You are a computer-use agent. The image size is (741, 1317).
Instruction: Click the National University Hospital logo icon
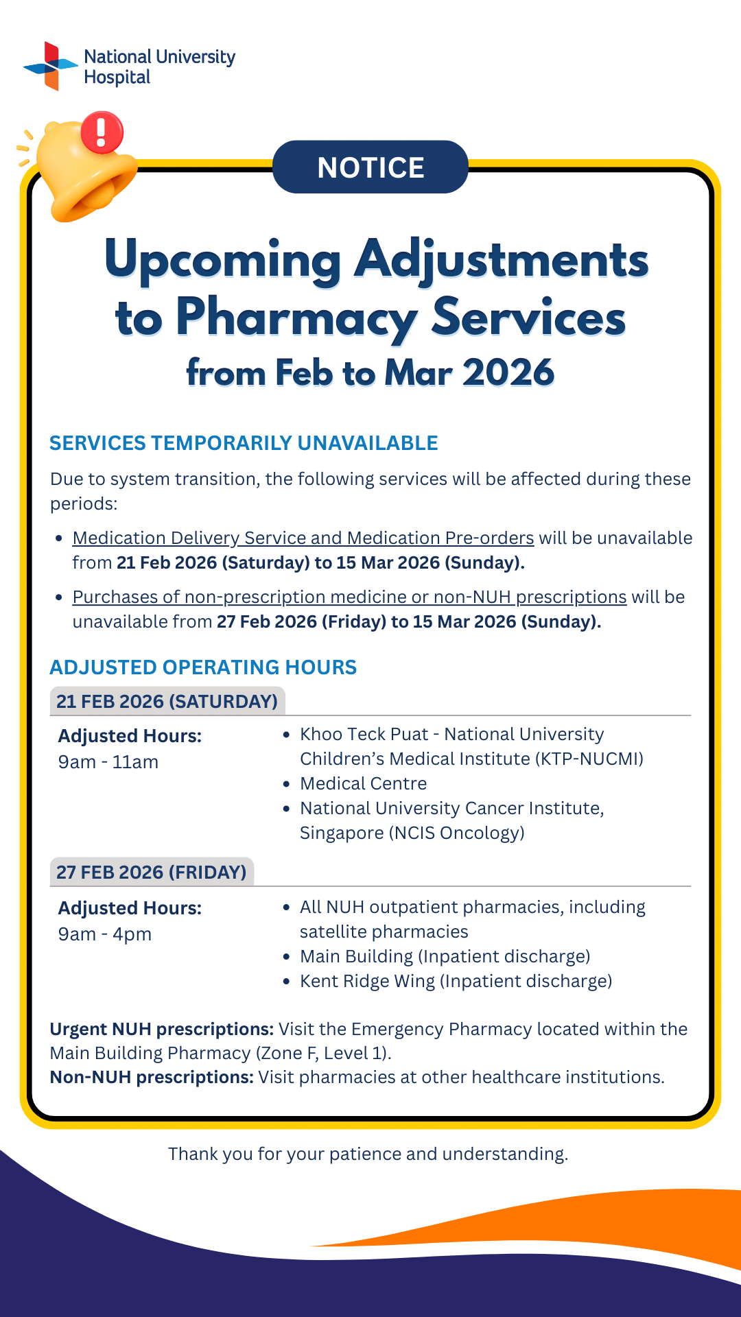(x=50, y=66)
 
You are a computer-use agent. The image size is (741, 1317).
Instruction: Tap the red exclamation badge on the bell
(x=102, y=132)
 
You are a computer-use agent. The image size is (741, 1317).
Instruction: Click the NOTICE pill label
(x=370, y=167)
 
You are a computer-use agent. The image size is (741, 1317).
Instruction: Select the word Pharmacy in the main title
(x=296, y=318)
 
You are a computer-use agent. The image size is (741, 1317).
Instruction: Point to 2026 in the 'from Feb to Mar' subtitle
(x=508, y=373)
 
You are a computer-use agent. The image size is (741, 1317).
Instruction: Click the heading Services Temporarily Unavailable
(x=244, y=443)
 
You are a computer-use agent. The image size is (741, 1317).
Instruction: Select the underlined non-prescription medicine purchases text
(x=349, y=597)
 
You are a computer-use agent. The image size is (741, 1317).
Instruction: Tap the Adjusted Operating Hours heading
(x=203, y=667)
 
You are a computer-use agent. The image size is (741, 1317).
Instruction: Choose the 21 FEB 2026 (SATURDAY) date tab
(x=167, y=701)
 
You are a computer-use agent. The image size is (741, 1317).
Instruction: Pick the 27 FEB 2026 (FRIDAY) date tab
(x=151, y=872)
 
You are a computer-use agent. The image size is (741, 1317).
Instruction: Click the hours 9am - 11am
(x=108, y=762)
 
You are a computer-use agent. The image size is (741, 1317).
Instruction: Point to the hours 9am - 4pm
(x=105, y=934)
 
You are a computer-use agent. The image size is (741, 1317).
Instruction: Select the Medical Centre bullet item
(x=363, y=783)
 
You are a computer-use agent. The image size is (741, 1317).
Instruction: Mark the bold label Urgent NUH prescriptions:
(x=162, y=1029)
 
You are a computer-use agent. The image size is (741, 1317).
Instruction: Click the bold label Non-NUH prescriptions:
(x=152, y=1077)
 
